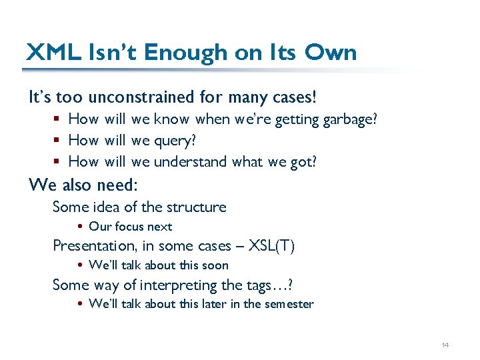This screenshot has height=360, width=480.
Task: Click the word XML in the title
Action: click(x=52, y=52)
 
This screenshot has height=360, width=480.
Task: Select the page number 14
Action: click(x=445, y=345)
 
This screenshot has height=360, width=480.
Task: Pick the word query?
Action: click(x=175, y=141)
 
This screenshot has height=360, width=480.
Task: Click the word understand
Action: click(x=191, y=161)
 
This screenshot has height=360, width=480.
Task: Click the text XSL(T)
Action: click(x=271, y=245)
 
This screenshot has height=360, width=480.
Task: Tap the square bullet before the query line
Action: click(x=59, y=141)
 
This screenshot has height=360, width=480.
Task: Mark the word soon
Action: click(x=213, y=265)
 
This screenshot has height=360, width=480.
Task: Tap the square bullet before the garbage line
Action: click(x=59, y=119)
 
